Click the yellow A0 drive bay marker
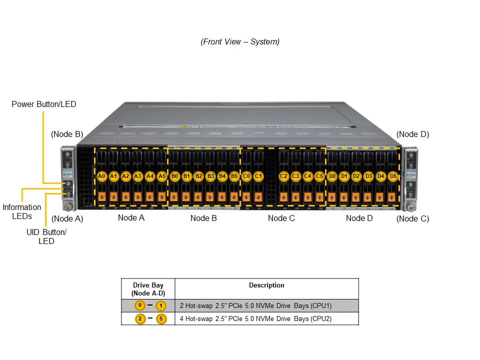click(101, 176)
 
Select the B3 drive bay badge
click(210, 176)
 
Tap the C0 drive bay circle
click(246, 176)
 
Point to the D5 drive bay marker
click(393, 176)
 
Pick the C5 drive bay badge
click(319, 176)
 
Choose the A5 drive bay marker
click(162, 176)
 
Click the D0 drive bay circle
click(332, 176)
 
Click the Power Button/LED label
click(44, 104)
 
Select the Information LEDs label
click(22, 211)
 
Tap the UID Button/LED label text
click(46, 236)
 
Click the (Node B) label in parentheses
click(67, 134)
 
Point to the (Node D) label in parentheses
click(412, 134)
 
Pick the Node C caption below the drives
click(281, 218)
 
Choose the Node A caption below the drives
click(131, 218)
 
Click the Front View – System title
click(240, 42)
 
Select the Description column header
click(266, 285)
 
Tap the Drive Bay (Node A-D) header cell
click(148, 289)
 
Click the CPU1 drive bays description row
click(255, 305)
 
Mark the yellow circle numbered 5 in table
click(161, 318)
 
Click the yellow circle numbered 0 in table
click(140, 305)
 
